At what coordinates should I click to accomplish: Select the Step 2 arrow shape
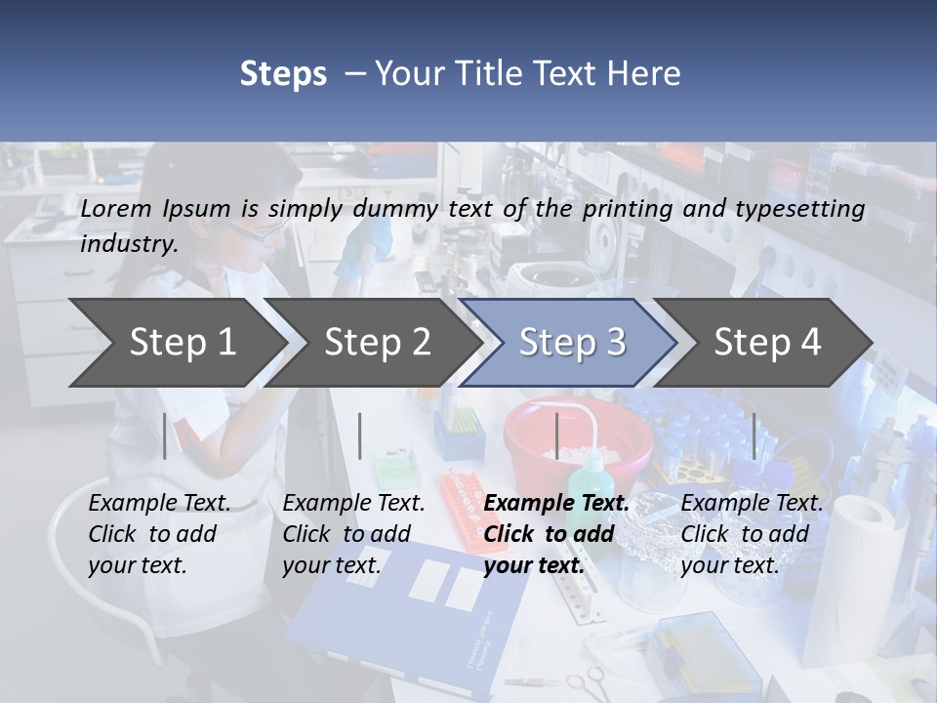point(376,342)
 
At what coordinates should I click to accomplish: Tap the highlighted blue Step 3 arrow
point(571,342)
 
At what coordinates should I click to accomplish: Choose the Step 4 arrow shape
point(766,342)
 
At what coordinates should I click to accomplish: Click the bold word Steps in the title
point(283,73)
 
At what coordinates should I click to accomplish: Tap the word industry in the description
point(128,243)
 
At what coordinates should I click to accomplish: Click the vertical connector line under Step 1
point(165,435)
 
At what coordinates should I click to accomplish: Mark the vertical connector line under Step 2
point(360,435)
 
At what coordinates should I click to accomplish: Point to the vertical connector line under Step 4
point(754,435)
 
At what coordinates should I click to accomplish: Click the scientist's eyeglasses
point(256,232)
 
